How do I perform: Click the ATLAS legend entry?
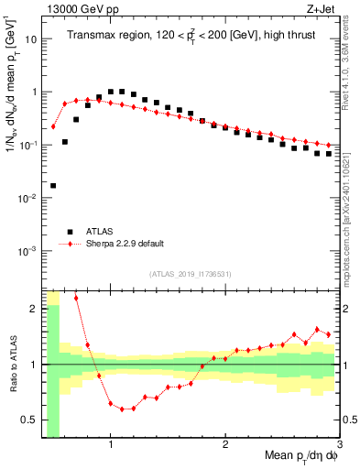(x=102, y=233)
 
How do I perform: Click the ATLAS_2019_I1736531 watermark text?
(x=191, y=274)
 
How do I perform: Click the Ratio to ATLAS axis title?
(x=13, y=364)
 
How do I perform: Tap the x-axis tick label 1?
(x=111, y=446)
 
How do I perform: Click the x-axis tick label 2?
(x=225, y=446)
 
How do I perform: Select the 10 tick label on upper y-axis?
(x=30, y=39)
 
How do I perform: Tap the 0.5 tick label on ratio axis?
(x=28, y=420)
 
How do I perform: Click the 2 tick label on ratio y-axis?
(x=34, y=309)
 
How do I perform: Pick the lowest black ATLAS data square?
(x=53, y=185)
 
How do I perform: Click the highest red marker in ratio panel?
(x=76, y=298)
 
